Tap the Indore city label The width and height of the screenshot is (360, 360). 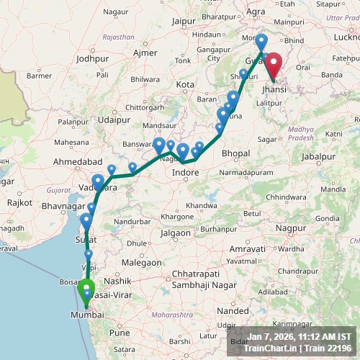[186, 173]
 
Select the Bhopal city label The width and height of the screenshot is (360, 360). [236, 153]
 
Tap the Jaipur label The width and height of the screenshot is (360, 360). [185, 22]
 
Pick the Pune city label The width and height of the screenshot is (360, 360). [119, 333]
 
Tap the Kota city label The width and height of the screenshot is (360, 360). [186, 84]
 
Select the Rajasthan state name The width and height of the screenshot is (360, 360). [119, 36]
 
